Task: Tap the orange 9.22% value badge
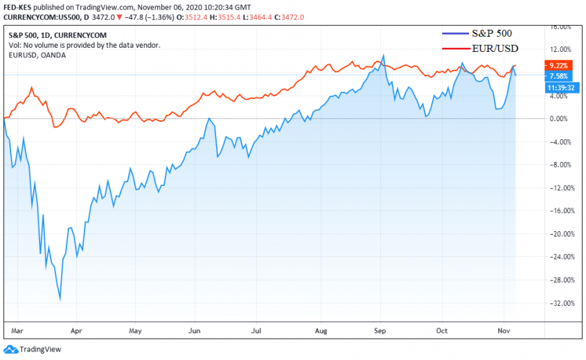tap(558, 65)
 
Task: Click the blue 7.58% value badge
tap(558, 76)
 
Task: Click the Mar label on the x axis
tap(18, 331)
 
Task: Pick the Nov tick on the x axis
tap(503, 331)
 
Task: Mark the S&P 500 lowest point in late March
tap(60, 299)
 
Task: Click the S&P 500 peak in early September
tap(383, 55)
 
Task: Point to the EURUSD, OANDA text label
tap(37, 55)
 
